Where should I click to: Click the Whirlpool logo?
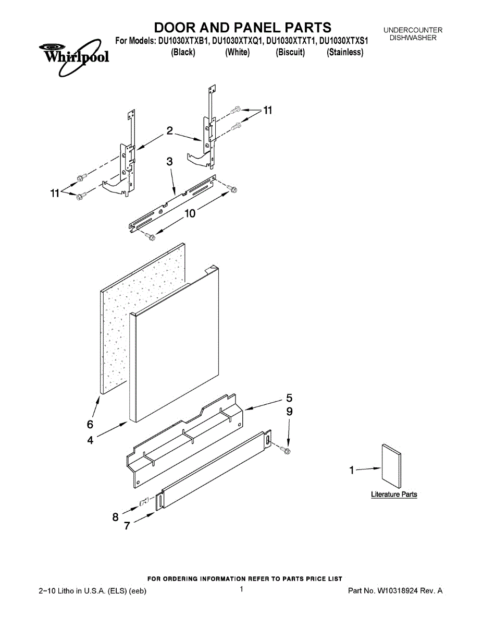(73, 55)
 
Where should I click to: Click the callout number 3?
(169, 162)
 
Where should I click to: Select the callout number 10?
(190, 213)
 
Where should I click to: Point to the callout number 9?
(289, 412)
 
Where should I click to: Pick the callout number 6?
(90, 423)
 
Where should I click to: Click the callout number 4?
(90, 440)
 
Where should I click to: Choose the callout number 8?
(115, 517)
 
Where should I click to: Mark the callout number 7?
(127, 526)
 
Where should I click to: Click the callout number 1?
(352, 471)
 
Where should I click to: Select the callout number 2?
(169, 131)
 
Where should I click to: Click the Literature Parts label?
(394, 495)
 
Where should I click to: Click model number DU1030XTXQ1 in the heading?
(238, 41)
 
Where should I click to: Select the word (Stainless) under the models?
(345, 52)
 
